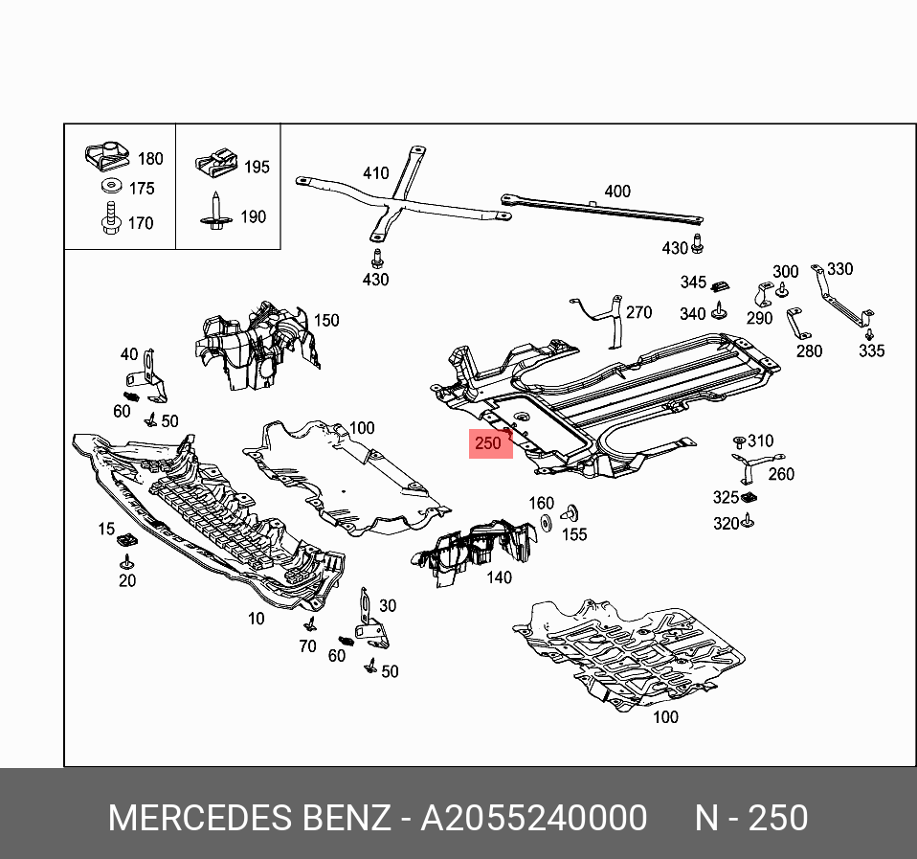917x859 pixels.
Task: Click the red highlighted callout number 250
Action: tap(489, 444)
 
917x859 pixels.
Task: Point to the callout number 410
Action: tap(375, 173)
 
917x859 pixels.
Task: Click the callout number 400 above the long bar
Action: tap(617, 192)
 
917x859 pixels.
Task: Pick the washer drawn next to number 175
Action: tap(111, 186)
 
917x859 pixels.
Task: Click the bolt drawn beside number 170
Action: tap(109, 219)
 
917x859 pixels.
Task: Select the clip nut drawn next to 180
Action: tap(108, 155)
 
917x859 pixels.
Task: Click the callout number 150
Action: tap(327, 320)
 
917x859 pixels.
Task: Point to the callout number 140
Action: tap(499, 577)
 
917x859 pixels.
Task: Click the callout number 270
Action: tap(638, 312)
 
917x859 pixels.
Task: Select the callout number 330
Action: tap(839, 269)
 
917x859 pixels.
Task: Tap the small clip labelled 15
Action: tap(124, 543)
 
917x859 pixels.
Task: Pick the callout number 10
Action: tap(256, 619)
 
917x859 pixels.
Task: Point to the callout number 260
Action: tap(781, 474)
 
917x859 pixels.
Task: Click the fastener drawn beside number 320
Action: tap(749, 521)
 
